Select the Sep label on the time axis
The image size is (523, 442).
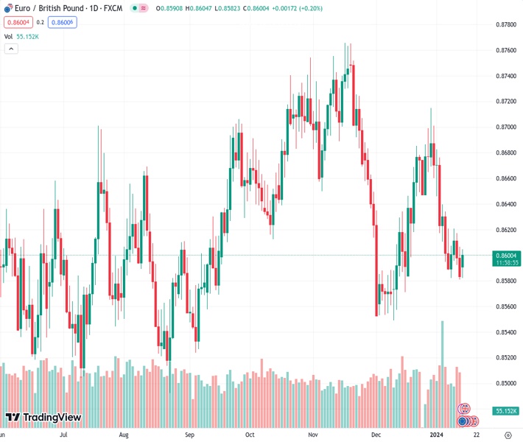(190, 435)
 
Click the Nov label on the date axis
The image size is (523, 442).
(314, 435)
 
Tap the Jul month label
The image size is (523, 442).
(64, 435)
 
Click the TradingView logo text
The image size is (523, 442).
(52, 418)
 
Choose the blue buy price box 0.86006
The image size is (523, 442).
(63, 22)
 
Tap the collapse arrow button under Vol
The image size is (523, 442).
(11, 49)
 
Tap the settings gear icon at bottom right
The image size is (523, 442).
(508, 435)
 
